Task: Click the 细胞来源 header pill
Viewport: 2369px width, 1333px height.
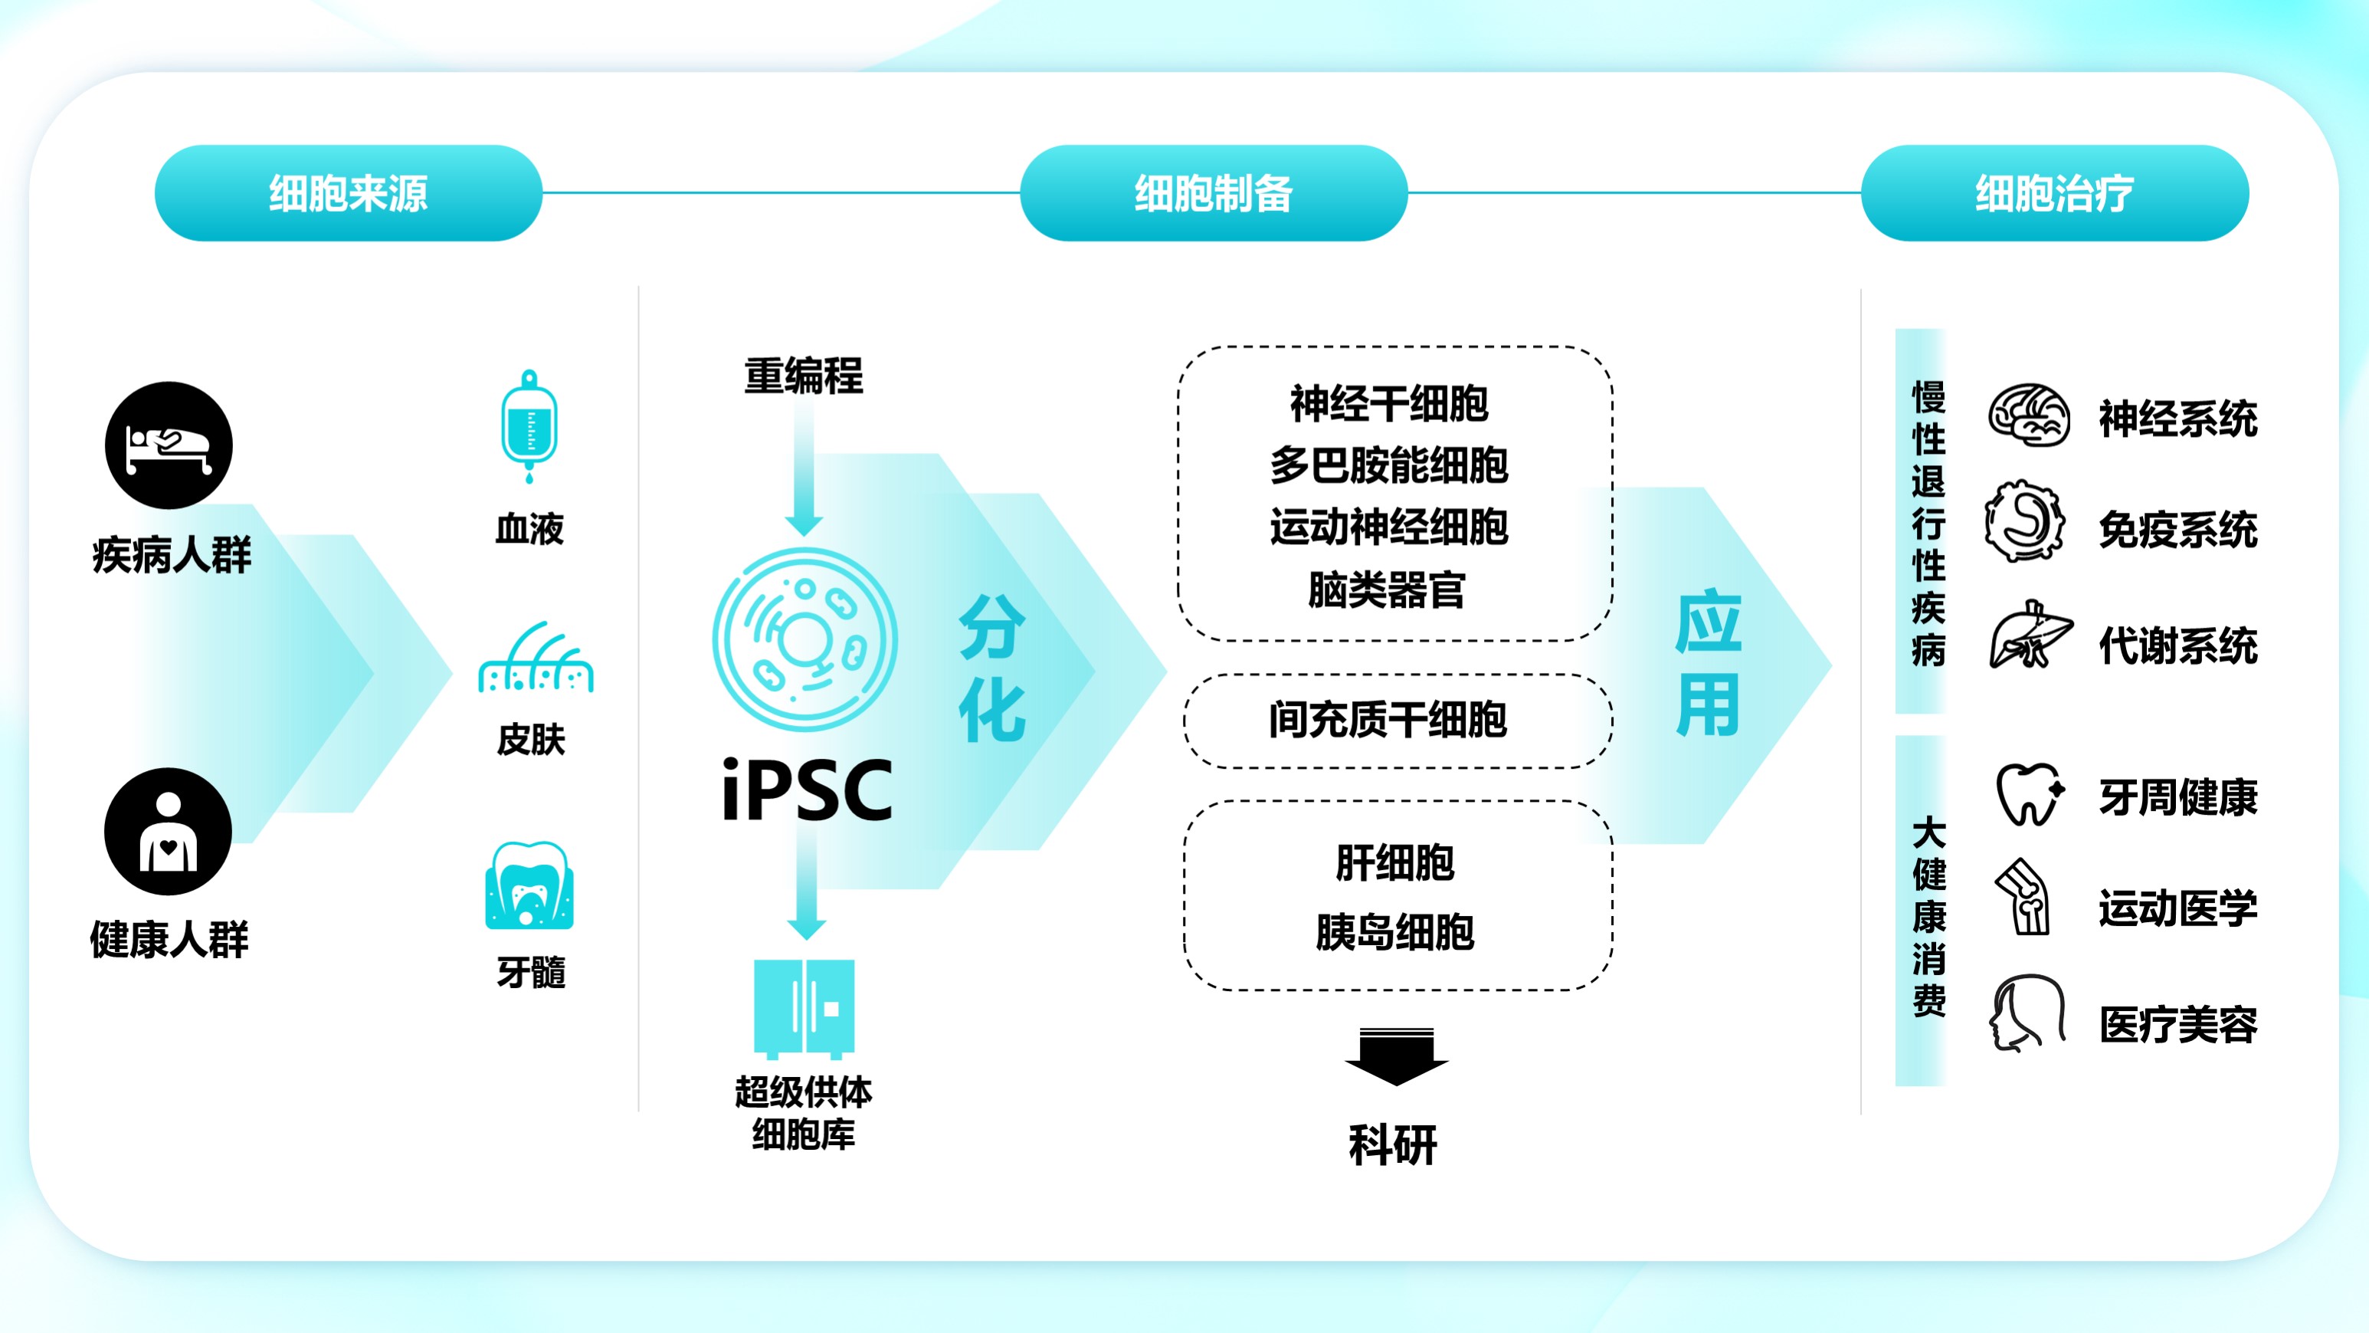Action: click(x=349, y=193)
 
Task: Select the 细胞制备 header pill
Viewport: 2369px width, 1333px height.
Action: click(x=1213, y=193)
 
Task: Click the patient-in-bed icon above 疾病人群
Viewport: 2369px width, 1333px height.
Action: click(x=169, y=445)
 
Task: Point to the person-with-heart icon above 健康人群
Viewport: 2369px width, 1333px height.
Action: click(x=169, y=832)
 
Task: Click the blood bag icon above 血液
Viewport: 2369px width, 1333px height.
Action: click(x=529, y=426)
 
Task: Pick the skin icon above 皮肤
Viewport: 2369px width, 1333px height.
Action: click(x=536, y=656)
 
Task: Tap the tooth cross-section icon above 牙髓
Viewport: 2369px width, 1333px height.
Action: click(x=529, y=885)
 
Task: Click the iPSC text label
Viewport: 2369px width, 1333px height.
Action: click(x=807, y=790)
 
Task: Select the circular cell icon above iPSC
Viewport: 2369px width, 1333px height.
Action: click(x=804, y=639)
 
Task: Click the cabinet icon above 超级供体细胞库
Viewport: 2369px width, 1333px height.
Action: click(x=804, y=1008)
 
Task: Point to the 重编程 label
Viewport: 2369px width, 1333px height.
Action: click(x=804, y=376)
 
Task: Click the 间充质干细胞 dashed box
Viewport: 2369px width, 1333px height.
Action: click(x=1397, y=721)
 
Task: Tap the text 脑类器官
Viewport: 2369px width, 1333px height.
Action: click(x=1387, y=589)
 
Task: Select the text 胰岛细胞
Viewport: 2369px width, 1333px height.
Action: click(x=1395, y=932)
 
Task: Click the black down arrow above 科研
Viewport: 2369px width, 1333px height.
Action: click(x=1396, y=1056)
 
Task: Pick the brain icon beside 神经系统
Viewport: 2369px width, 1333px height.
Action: click(x=2029, y=415)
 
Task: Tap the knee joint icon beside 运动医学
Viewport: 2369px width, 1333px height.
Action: click(x=2024, y=897)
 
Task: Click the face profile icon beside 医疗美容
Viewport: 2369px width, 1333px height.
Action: click(x=2028, y=1013)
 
